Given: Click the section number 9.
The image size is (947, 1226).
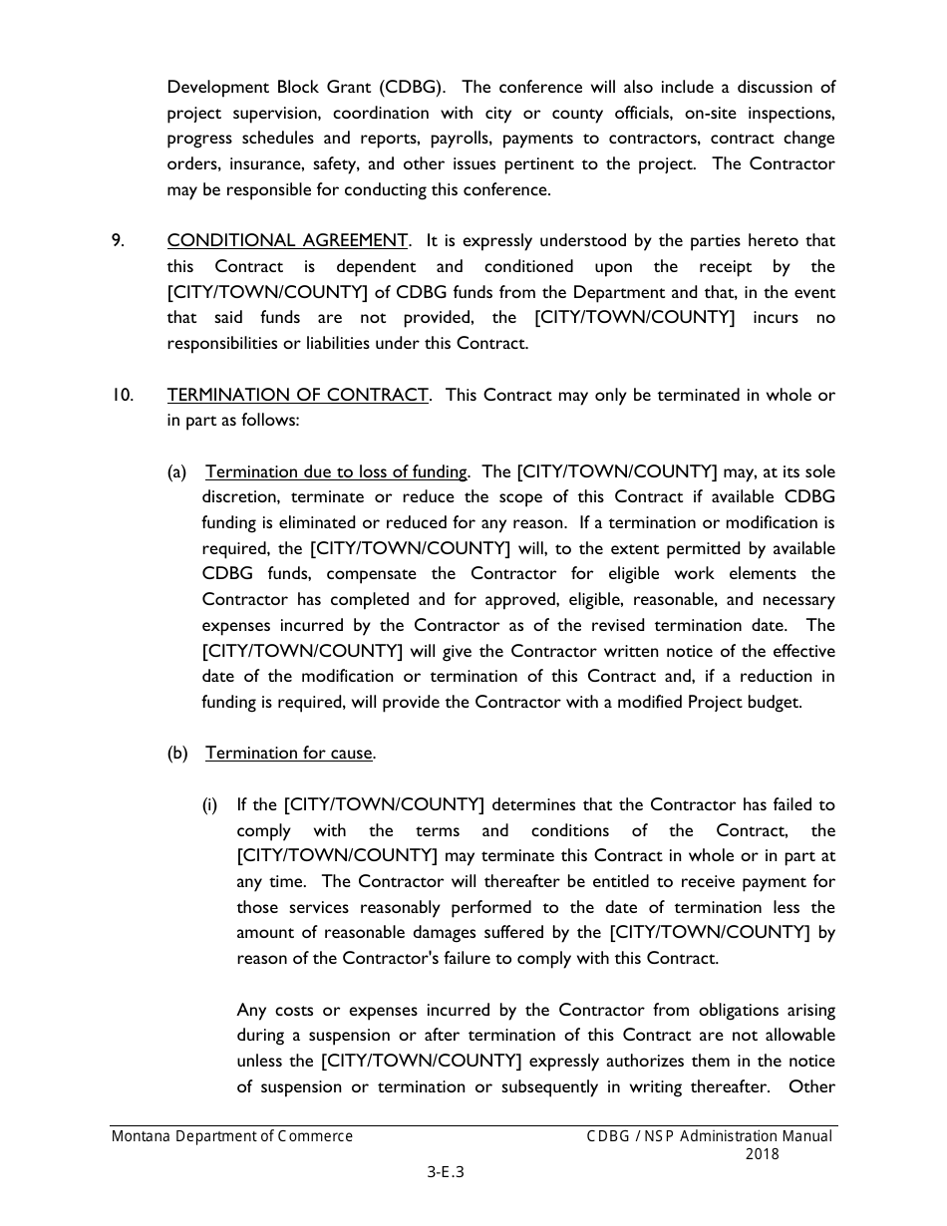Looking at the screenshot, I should [118, 241].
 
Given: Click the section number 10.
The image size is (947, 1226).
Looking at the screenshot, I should [123, 395].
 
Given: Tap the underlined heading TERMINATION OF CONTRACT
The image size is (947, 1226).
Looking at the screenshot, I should [298, 395].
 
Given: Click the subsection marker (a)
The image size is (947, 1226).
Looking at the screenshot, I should [176, 471].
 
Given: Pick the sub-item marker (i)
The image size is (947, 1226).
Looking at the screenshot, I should [210, 805].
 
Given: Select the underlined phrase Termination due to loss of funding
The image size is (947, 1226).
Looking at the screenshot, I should [336, 471].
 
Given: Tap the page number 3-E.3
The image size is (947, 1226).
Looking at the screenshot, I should [446, 1172].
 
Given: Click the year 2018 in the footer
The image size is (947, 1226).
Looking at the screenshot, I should [762, 1155].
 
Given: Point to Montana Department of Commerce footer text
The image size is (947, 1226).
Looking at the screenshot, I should [231, 1136].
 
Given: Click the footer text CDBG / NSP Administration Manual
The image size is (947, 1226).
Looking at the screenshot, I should [709, 1136].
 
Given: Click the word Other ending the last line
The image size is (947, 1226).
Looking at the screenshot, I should [811, 1087].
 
